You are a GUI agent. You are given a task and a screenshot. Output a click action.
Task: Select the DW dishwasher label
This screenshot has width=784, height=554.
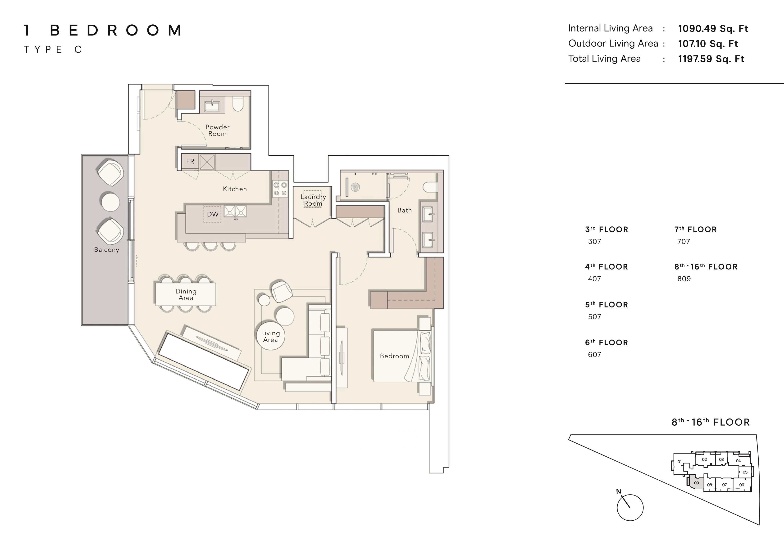[x=213, y=214]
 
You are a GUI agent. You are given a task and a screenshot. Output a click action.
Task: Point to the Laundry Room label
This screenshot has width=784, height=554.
[x=313, y=200]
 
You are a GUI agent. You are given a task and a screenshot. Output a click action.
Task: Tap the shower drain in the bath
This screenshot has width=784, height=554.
[x=356, y=187]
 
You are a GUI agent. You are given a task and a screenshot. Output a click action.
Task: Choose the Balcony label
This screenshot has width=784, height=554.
[x=107, y=249]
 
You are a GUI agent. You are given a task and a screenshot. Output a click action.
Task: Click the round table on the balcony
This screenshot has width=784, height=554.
[x=110, y=202]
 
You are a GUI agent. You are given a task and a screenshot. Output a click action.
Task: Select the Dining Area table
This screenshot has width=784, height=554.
[x=186, y=294]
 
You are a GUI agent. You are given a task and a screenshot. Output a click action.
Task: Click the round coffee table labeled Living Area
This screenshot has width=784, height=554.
[x=270, y=336]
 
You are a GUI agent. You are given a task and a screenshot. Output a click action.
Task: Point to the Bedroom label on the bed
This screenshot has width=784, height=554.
[x=394, y=356]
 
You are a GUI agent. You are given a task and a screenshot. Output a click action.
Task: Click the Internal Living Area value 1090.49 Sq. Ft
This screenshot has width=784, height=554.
[x=713, y=29]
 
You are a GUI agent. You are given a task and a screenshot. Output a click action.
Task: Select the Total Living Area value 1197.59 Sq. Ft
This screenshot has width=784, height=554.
[x=711, y=59]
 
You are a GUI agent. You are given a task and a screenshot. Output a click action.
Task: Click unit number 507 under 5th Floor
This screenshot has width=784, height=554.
[x=594, y=317]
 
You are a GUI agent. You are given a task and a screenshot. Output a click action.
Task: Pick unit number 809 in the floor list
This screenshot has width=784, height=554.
[x=684, y=279]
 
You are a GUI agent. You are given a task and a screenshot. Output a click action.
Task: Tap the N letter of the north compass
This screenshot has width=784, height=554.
[x=618, y=491]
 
